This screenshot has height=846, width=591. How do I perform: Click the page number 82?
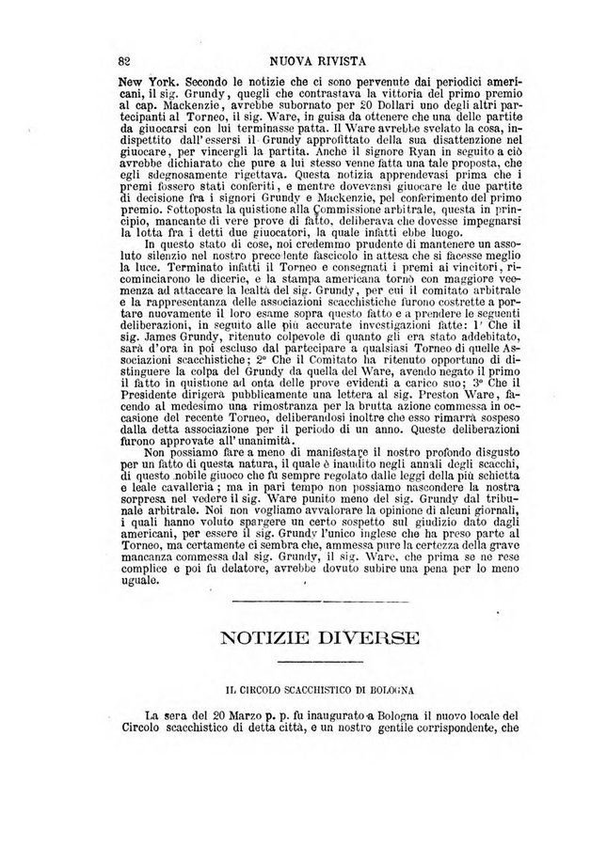point(123,59)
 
